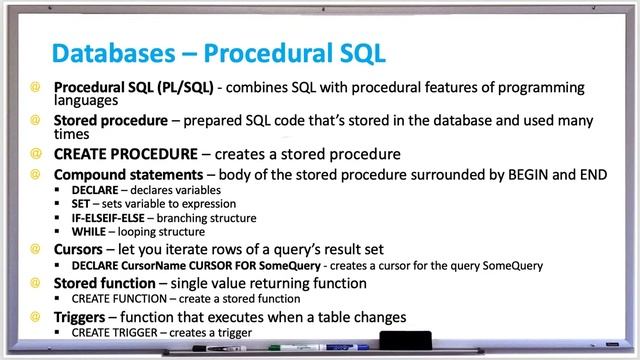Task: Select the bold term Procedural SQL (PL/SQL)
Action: click(x=133, y=87)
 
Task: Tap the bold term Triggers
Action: click(x=87, y=317)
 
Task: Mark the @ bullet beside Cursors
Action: click(x=35, y=247)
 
